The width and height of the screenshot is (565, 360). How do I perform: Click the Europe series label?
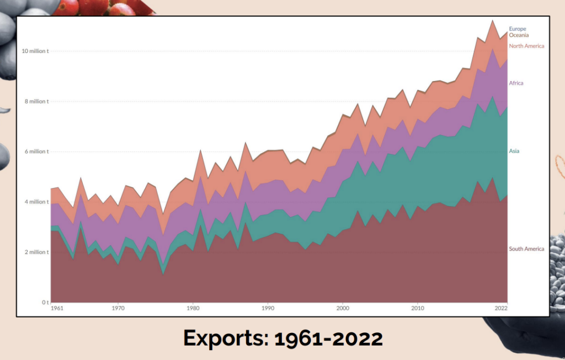pos(518,29)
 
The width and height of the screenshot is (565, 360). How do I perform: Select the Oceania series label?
pos(519,35)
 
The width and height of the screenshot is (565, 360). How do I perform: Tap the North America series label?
pos(526,46)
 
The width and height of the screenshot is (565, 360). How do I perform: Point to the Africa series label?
pos(516,83)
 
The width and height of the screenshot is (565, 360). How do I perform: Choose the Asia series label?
pos(514,151)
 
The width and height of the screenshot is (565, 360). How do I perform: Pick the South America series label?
pos(526,249)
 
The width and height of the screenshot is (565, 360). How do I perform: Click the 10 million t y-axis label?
pos(35,51)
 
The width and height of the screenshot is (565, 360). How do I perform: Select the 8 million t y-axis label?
pos(36,101)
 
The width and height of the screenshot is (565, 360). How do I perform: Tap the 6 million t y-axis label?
pos(36,152)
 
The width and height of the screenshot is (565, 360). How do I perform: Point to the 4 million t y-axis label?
pos(36,202)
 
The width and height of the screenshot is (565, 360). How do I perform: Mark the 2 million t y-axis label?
pos(36,252)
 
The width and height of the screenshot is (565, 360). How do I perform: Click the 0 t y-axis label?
pos(45,302)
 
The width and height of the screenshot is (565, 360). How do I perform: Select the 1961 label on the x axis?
pos(56,309)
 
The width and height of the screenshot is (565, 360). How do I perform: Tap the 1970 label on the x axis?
pos(117,309)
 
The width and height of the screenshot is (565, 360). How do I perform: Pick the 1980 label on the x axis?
pos(192,309)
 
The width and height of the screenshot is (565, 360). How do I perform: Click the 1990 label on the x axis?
pos(268,309)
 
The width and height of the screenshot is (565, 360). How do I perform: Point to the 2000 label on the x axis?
pos(343,309)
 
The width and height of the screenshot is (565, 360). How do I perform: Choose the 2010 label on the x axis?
pos(418,309)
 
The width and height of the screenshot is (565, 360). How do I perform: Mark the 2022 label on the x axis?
pos(500,309)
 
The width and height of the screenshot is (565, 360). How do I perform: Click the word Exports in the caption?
pos(226,338)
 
